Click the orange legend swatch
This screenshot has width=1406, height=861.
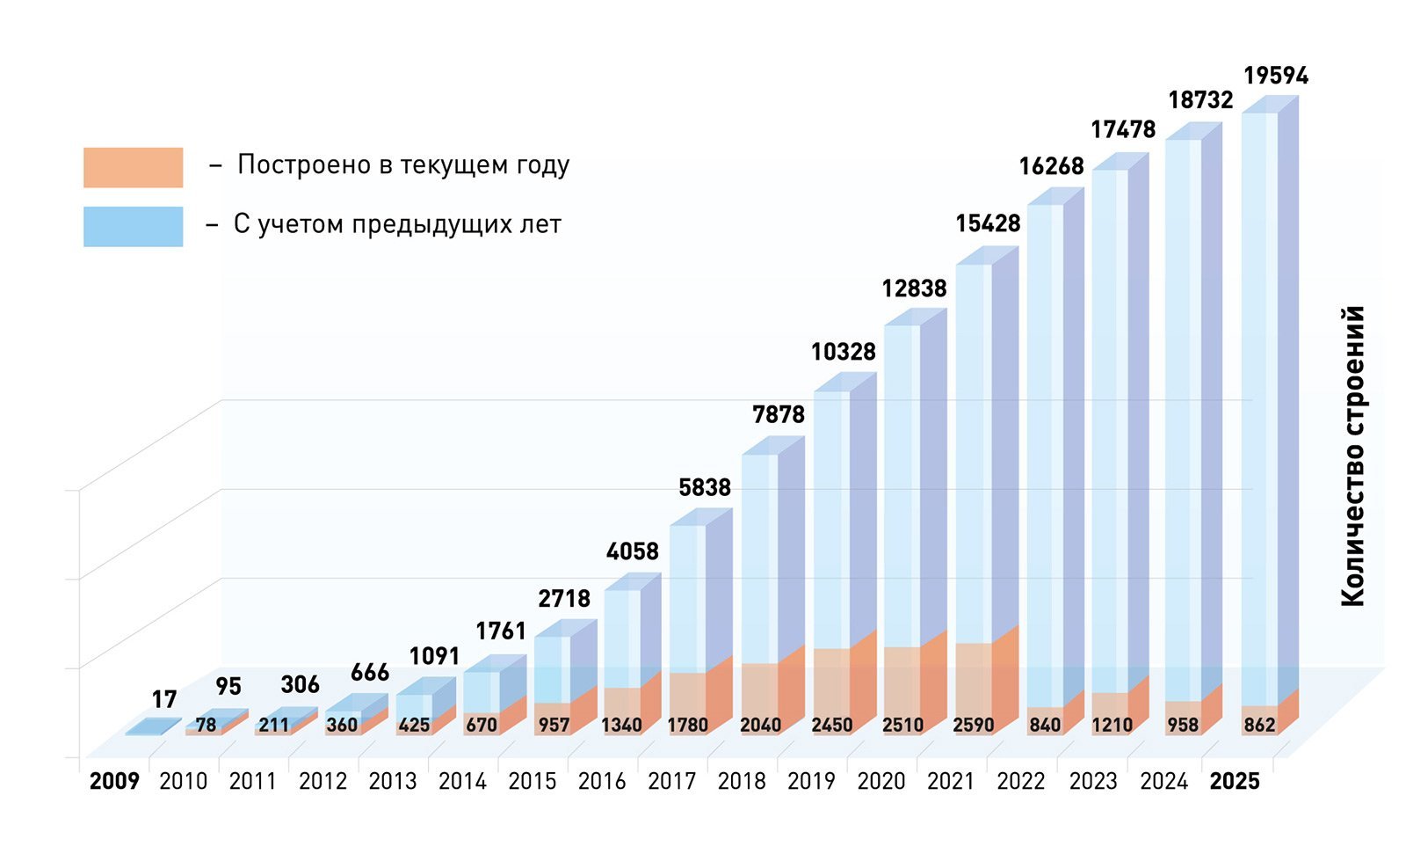coord(133,167)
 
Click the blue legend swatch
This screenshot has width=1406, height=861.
coord(133,226)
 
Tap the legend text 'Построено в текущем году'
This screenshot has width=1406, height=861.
coord(403,165)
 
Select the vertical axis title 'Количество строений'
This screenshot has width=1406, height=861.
coord(1353,456)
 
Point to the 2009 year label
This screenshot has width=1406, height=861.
coord(114,781)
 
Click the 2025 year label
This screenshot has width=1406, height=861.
coord(1235,781)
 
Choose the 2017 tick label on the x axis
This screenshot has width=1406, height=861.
coord(671,781)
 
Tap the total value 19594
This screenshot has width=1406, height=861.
coord(1276,76)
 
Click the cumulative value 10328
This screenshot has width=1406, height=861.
coord(843,352)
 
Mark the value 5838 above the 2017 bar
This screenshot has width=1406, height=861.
coord(705,487)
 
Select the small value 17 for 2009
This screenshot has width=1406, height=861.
coord(164,699)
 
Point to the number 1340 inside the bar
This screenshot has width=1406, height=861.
coord(621,726)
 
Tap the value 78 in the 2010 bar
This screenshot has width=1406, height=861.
coord(206,726)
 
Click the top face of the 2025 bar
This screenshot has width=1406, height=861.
coord(1271,105)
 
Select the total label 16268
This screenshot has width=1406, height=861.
coord(1051,166)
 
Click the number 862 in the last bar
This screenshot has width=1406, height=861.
coord(1259,726)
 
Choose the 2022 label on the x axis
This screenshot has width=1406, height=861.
coord(1020,781)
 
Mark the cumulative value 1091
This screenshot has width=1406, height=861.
coord(434,656)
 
